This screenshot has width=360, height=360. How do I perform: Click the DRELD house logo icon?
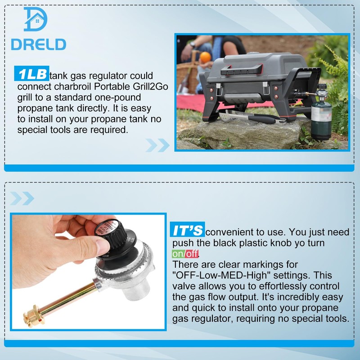pos(36,19)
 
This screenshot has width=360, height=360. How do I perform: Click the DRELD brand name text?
pos(39,45)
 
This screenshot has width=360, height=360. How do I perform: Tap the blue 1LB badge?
pos(31,73)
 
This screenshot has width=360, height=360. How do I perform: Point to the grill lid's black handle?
pos(242,69)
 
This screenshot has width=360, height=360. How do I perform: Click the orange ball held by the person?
pos(205,57)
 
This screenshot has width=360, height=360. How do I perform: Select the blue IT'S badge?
pos(187,229)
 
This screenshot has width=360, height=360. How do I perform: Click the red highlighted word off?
pos(192,254)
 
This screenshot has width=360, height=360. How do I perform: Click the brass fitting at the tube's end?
pos(34,315)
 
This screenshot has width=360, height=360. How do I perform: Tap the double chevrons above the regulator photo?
pos(22,198)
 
